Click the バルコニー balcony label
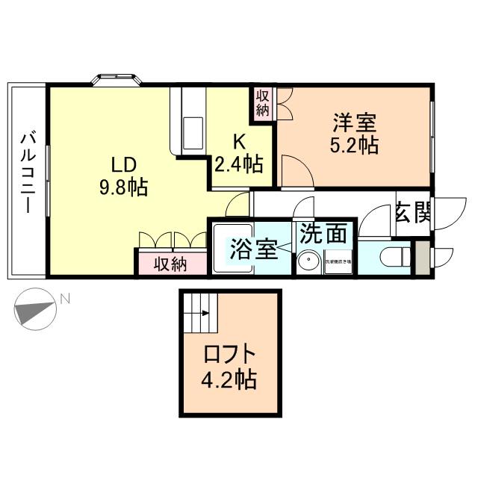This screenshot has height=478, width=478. coord(28,173)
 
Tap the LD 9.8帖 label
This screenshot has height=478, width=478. coord(123,176)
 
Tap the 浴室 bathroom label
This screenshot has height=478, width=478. coord(254,249)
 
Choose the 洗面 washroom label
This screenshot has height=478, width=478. coord(323,234)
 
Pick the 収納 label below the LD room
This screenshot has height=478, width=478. coord(170,264)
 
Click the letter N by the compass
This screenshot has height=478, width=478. coord(65,300)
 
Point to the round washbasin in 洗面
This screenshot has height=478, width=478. coord(306,262)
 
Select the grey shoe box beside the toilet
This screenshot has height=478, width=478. coord(423,257)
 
